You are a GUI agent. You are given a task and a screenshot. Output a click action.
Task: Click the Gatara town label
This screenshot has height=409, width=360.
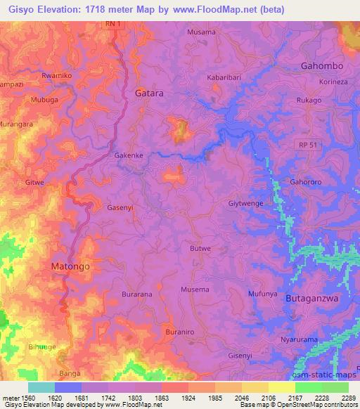click(x=148, y=93)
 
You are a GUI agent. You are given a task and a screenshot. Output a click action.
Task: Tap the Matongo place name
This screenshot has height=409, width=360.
click(x=71, y=267)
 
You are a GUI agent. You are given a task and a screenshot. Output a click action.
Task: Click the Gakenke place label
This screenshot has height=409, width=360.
click(x=129, y=157)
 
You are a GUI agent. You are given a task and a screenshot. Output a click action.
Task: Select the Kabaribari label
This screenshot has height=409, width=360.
click(x=224, y=78)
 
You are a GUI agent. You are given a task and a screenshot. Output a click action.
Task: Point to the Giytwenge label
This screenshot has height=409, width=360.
click(x=245, y=204)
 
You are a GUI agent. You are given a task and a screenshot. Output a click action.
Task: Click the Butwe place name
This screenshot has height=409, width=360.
click(x=200, y=248)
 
